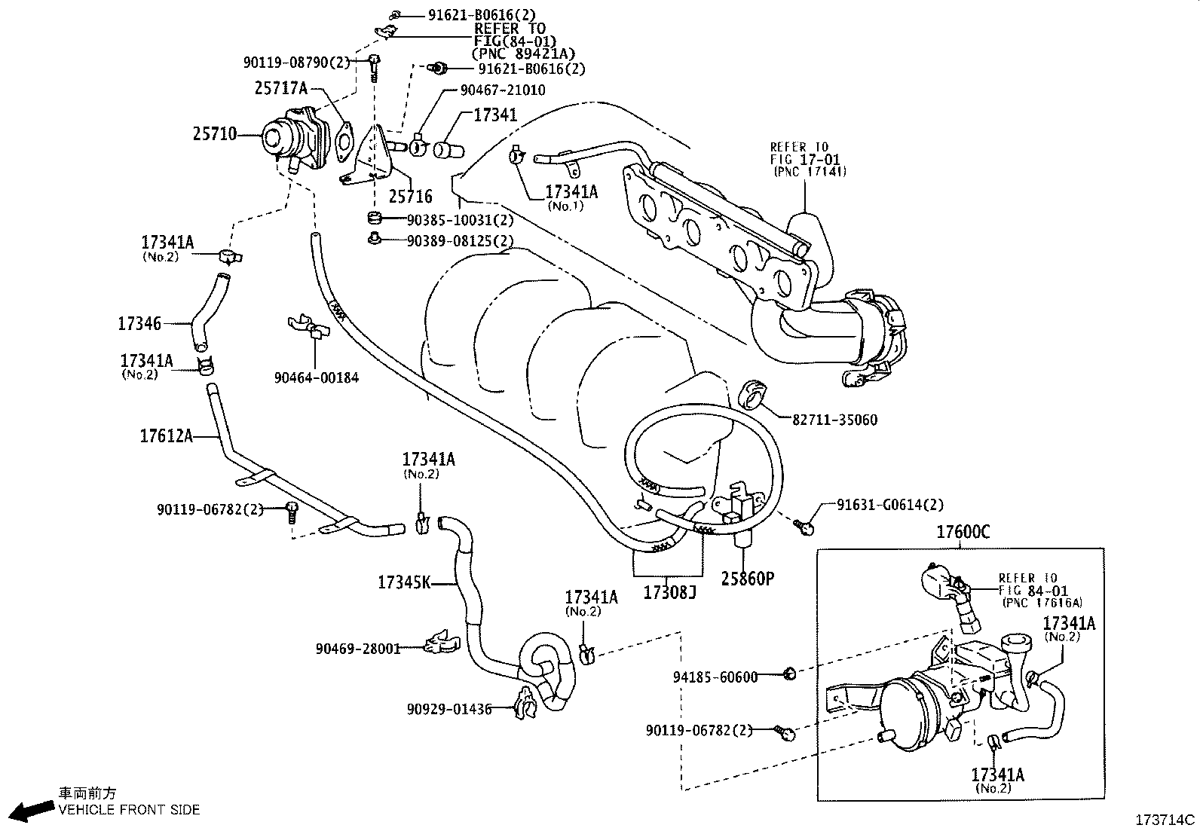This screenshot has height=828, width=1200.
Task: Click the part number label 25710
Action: pos(215,135)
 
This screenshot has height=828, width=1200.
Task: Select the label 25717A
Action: pos(281,88)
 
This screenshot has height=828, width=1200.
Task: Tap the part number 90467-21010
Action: pos(503,90)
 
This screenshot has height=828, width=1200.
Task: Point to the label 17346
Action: pos(139,324)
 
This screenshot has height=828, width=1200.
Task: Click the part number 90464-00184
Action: pos(316,377)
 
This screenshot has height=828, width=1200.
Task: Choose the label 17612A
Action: pos(166,435)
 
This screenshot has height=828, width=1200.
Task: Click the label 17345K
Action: pos(404,582)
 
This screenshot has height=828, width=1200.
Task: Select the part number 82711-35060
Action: pos(834,420)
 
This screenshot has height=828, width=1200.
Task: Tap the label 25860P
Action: pos(747,579)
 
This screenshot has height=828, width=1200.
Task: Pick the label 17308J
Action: pos(669,593)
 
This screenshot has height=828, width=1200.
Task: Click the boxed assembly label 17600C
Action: pos(963,532)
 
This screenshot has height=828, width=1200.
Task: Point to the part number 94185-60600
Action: pos(715,677)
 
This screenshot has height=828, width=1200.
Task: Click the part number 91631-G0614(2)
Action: pos(889,505)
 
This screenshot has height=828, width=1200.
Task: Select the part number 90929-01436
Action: pos(448,709)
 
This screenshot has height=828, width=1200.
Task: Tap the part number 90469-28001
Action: pos(358,648)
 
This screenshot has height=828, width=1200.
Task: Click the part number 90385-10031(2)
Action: pos(460,220)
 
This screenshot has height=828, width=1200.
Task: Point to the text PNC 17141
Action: pos(810,171)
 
